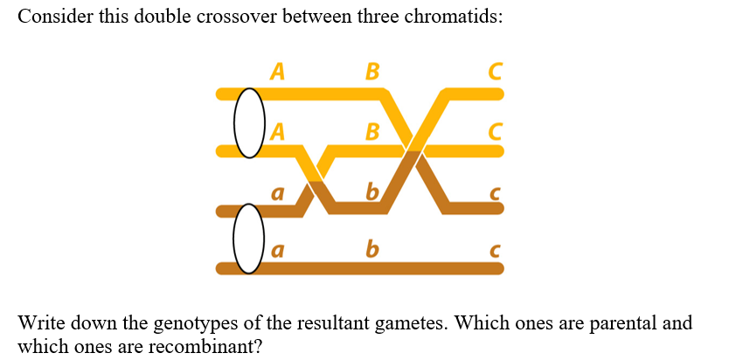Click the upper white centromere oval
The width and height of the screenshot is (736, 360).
(249, 121)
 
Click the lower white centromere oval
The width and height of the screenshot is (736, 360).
(249, 239)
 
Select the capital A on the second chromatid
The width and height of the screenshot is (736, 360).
(278, 132)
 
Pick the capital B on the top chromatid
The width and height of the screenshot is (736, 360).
(371, 72)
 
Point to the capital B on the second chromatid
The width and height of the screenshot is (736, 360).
(371, 132)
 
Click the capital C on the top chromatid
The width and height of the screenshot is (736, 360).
(496, 72)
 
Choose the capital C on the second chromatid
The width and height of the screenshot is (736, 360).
(496, 132)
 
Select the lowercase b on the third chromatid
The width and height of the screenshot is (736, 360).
(371, 190)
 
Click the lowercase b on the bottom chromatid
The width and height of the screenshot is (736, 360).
(371, 249)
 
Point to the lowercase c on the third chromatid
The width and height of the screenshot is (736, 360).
(496, 193)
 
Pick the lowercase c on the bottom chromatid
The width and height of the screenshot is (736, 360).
(496, 252)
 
